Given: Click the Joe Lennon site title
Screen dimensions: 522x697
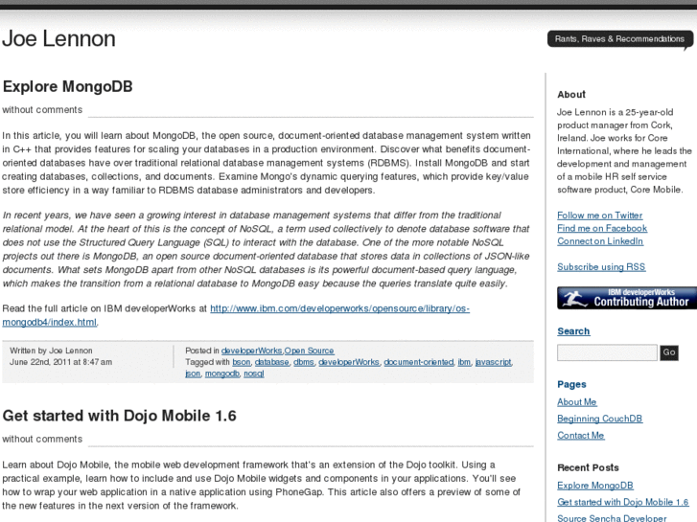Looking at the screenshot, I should point(58,39).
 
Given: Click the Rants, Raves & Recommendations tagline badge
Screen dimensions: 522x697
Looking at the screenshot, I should point(619,39).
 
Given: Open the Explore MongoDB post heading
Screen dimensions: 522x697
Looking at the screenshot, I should point(67,86).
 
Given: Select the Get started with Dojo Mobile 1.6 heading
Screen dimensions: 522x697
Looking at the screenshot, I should point(119,416).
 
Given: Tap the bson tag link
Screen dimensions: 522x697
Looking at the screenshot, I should point(241,362).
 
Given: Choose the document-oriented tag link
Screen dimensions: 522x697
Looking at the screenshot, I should point(418,362).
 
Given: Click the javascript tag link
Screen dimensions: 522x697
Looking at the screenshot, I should point(493,362).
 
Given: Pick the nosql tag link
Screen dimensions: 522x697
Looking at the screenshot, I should point(253,374).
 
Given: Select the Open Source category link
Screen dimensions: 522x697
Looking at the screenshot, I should point(309,352).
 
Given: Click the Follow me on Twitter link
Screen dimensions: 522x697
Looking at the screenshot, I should point(599,216).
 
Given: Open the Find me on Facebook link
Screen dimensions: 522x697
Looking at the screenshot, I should point(601,228).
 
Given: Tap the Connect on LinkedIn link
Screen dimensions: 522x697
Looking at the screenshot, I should point(600,241).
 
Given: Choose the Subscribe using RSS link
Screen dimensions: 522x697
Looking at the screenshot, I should point(601,267).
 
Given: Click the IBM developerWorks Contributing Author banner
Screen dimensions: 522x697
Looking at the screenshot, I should point(626,298).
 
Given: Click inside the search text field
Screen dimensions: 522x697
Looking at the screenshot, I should point(607,352).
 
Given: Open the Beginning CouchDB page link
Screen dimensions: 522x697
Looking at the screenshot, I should point(599,419).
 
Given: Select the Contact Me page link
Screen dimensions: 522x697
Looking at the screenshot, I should point(580,436).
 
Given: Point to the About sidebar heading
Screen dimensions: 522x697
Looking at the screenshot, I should point(571,94).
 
